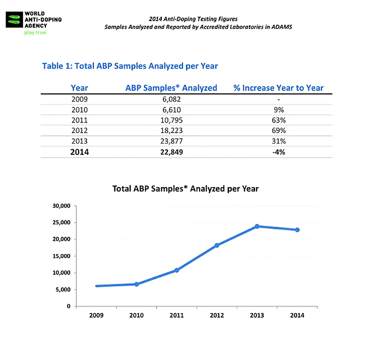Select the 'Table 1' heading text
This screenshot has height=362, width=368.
tap(130, 66)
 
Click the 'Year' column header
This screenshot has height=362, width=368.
tap(80, 88)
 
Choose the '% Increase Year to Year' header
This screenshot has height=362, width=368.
tap(278, 88)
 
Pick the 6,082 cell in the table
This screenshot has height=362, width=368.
tap(170, 99)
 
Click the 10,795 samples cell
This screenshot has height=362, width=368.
tap(170, 120)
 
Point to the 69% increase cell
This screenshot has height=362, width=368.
tap(278, 131)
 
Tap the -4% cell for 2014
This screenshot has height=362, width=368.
tap(278, 152)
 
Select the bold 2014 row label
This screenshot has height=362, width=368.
tap(80, 152)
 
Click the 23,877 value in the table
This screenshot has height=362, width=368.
tap(170, 141)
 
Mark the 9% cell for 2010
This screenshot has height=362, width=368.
tap(278, 110)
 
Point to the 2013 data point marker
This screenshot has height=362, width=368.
tap(257, 226)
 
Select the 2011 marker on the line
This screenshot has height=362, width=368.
tap(176, 270)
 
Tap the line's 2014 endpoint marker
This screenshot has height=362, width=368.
tap(297, 230)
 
